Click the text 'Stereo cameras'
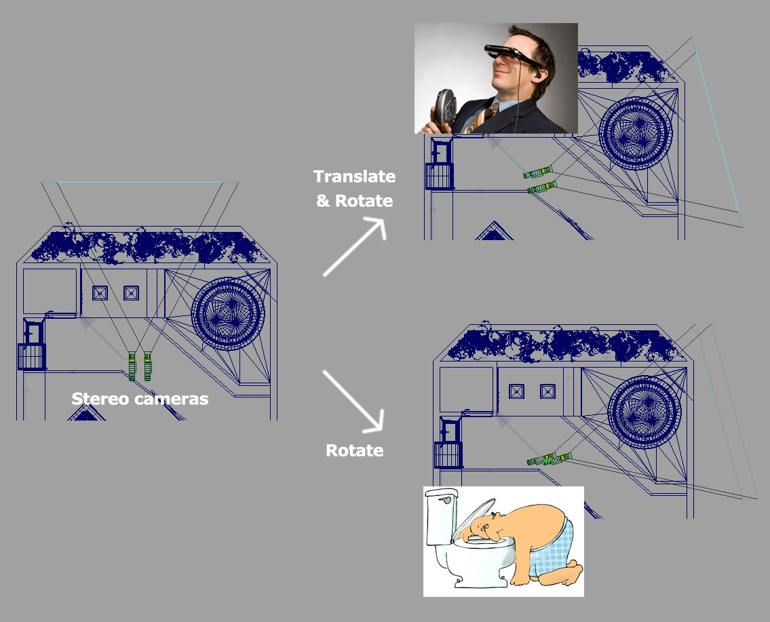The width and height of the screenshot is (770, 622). [x=140, y=399]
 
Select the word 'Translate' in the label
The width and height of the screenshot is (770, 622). [x=355, y=176]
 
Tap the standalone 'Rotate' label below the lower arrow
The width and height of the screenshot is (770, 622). [x=355, y=450]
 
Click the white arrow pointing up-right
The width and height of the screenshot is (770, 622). [x=355, y=247]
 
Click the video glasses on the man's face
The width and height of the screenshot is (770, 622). [x=513, y=55]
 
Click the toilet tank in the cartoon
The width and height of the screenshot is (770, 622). [x=441, y=516]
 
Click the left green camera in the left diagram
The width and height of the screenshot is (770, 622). [x=132, y=366]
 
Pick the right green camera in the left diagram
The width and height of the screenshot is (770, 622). [x=147, y=366]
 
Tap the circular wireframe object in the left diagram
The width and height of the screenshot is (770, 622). [x=228, y=313]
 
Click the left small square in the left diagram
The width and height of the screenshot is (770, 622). [x=100, y=293]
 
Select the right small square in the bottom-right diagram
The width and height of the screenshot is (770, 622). [x=547, y=391]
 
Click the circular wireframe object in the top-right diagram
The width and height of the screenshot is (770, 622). [x=636, y=133]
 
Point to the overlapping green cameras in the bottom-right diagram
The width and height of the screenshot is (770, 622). [x=549, y=459]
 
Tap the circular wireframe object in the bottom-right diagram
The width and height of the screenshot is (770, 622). [x=644, y=412]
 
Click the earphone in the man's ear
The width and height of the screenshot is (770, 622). [x=538, y=76]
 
